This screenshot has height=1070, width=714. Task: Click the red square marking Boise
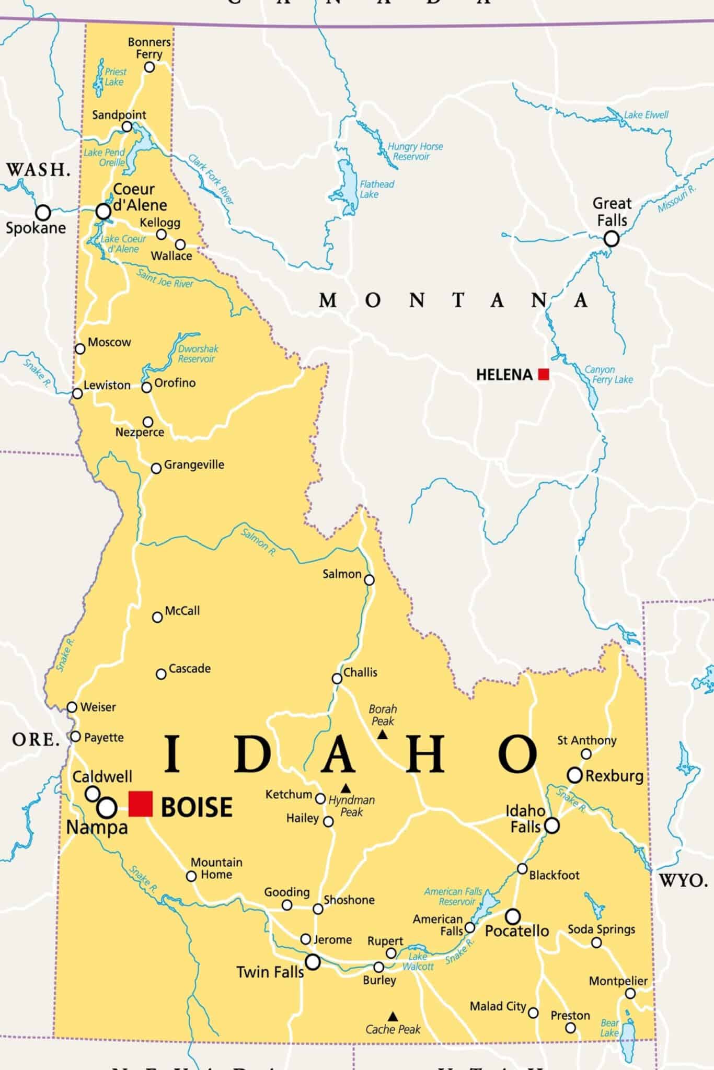(141, 804)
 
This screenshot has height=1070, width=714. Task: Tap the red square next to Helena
(544, 374)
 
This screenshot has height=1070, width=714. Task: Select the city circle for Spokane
(43, 213)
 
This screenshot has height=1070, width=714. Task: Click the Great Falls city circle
(612, 239)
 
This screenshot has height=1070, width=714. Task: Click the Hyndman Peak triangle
(346, 788)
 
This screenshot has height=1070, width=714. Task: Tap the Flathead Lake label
(376, 189)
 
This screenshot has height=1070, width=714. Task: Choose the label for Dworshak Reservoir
(198, 354)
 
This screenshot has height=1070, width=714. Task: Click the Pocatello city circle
(513, 916)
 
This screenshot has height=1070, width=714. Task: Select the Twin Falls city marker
(313, 961)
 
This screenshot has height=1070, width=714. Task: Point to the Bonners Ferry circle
(149, 67)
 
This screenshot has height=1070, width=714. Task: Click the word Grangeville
(194, 464)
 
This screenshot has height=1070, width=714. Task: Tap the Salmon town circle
(369, 580)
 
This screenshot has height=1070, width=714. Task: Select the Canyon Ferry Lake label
(608, 375)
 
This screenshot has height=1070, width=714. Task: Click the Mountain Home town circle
(191, 876)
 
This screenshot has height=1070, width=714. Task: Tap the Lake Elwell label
(646, 115)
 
